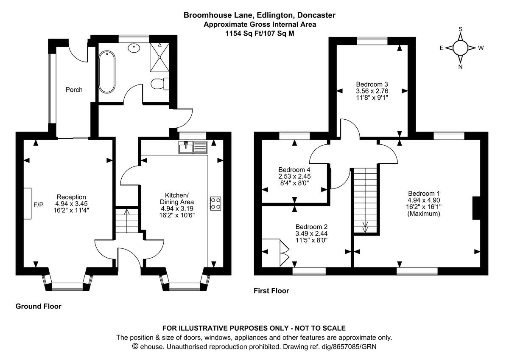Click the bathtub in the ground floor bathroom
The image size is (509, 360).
click(106, 72)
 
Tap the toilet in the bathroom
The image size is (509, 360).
click(160, 84)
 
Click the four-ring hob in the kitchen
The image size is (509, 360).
click(215, 203)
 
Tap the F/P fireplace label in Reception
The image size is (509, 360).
click(39, 205)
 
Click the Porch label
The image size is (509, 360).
click(74, 90)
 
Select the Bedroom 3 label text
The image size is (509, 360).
click(372, 84)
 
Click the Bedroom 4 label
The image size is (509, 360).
click(295, 169)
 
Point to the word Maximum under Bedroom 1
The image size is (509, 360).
click(424, 214)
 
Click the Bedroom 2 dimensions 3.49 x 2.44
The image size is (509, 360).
click(311, 233)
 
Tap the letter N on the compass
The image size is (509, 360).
click(460, 67)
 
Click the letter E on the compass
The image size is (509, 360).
click(442, 48)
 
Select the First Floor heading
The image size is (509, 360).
click(271, 291)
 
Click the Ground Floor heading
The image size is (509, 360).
click(39, 306)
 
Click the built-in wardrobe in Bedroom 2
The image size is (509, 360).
click(276, 253)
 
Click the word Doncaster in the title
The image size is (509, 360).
click(316, 15)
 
